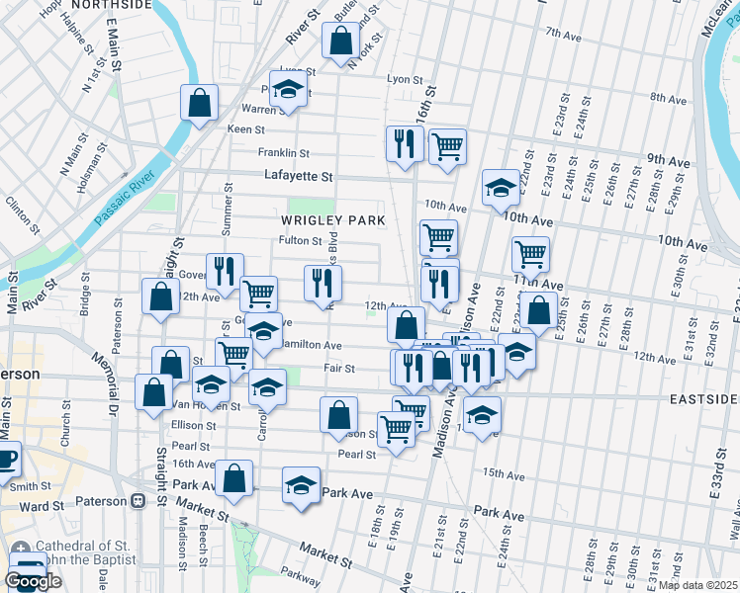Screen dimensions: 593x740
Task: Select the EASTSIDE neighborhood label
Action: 702,398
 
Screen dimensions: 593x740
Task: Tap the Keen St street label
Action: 246,129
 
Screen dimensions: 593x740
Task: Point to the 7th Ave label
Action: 564,36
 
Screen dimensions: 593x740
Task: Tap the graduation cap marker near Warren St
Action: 288,89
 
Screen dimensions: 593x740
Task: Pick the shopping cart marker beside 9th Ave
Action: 447,147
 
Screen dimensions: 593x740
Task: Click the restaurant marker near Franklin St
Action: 403,144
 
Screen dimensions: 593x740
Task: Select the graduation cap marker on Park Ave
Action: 301,485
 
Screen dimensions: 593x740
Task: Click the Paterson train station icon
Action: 138,501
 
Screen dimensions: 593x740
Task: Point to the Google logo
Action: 33,581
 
